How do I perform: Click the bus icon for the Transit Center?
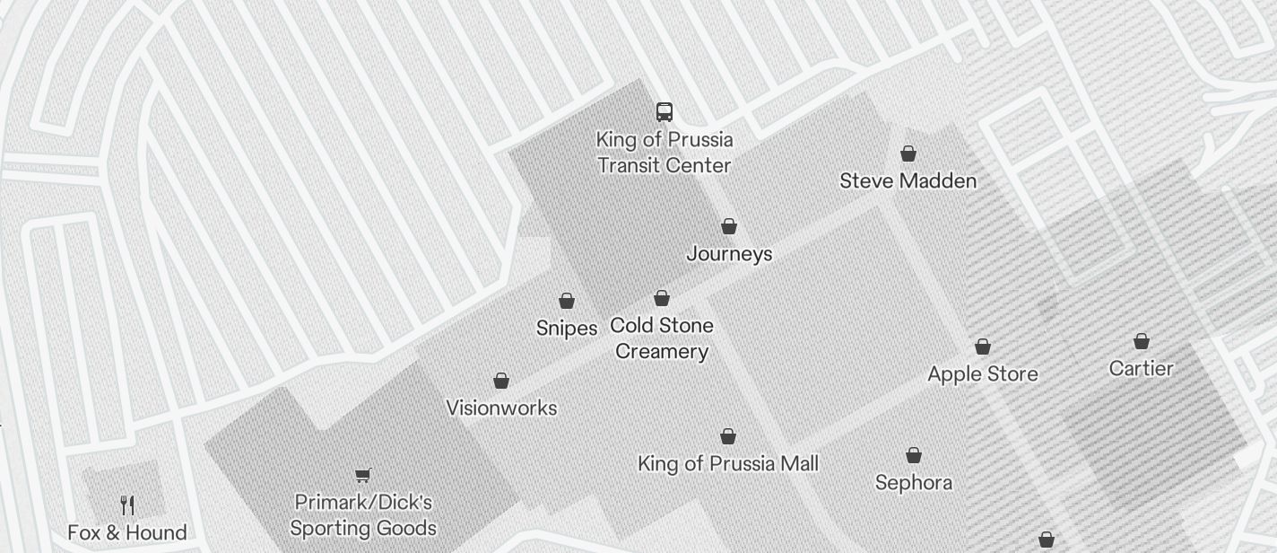pos(664,112)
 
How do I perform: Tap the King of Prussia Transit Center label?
pos(664,153)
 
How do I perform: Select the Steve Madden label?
pos(908,181)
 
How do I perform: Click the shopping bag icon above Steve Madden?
pos(908,154)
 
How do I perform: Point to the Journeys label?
pos(729,254)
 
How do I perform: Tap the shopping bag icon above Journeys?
pos(729,226)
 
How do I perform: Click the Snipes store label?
pos(567,329)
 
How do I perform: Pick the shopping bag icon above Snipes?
pos(567,301)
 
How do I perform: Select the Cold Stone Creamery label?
pos(662,338)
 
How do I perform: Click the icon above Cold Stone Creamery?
pos(662,298)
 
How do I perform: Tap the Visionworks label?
pos(501,408)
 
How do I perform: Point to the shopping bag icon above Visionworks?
pos(501,381)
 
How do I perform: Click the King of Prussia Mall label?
pos(727,464)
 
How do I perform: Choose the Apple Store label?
pos(983,374)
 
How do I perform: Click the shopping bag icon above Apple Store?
pos(983,347)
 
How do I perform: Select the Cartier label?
pos(1141,369)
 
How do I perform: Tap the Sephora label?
pos(913,483)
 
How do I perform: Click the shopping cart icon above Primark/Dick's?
pos(362,475)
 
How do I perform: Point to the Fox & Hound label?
pos(127,533)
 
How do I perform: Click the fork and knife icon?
pos(127,505)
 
